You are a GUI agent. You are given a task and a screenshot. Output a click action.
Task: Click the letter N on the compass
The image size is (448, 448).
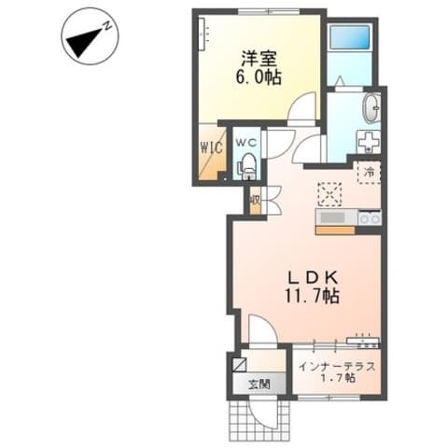(107, 25)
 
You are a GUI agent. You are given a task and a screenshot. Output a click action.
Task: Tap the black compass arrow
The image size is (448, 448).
(83, 43)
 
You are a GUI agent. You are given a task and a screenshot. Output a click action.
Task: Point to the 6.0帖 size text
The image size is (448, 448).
(259, 77)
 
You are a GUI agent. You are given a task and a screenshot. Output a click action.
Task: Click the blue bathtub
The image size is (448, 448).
(349, 36)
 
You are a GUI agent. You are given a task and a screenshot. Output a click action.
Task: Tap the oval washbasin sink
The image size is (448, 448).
(371, 108)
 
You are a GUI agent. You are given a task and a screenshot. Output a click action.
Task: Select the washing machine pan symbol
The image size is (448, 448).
(369, 142)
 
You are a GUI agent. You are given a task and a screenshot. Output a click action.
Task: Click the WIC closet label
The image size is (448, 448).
(211, 147)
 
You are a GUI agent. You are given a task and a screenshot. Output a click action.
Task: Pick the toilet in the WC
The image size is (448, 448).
(248, 166)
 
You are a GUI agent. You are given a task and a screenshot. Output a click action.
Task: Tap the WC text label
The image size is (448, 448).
(246, 143)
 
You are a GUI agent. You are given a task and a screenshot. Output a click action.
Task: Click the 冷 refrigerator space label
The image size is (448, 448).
(370, 172)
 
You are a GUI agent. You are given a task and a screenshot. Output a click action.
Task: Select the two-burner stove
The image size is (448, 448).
(370, 217)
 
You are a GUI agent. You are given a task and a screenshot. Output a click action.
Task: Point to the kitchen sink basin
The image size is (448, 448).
(332, 217)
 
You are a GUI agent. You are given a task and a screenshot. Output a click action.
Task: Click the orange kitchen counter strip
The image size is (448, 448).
(335, 231)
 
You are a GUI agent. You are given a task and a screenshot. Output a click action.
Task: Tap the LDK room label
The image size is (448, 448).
(312, 277)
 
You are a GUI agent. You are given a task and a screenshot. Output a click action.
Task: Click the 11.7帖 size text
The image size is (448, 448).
(312, 296)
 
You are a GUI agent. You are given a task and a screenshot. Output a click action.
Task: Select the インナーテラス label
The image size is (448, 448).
(337, 367)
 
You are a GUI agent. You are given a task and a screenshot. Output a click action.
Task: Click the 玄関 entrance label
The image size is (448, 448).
(259, 385)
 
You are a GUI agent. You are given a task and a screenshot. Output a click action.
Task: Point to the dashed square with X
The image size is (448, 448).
(329, 194)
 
